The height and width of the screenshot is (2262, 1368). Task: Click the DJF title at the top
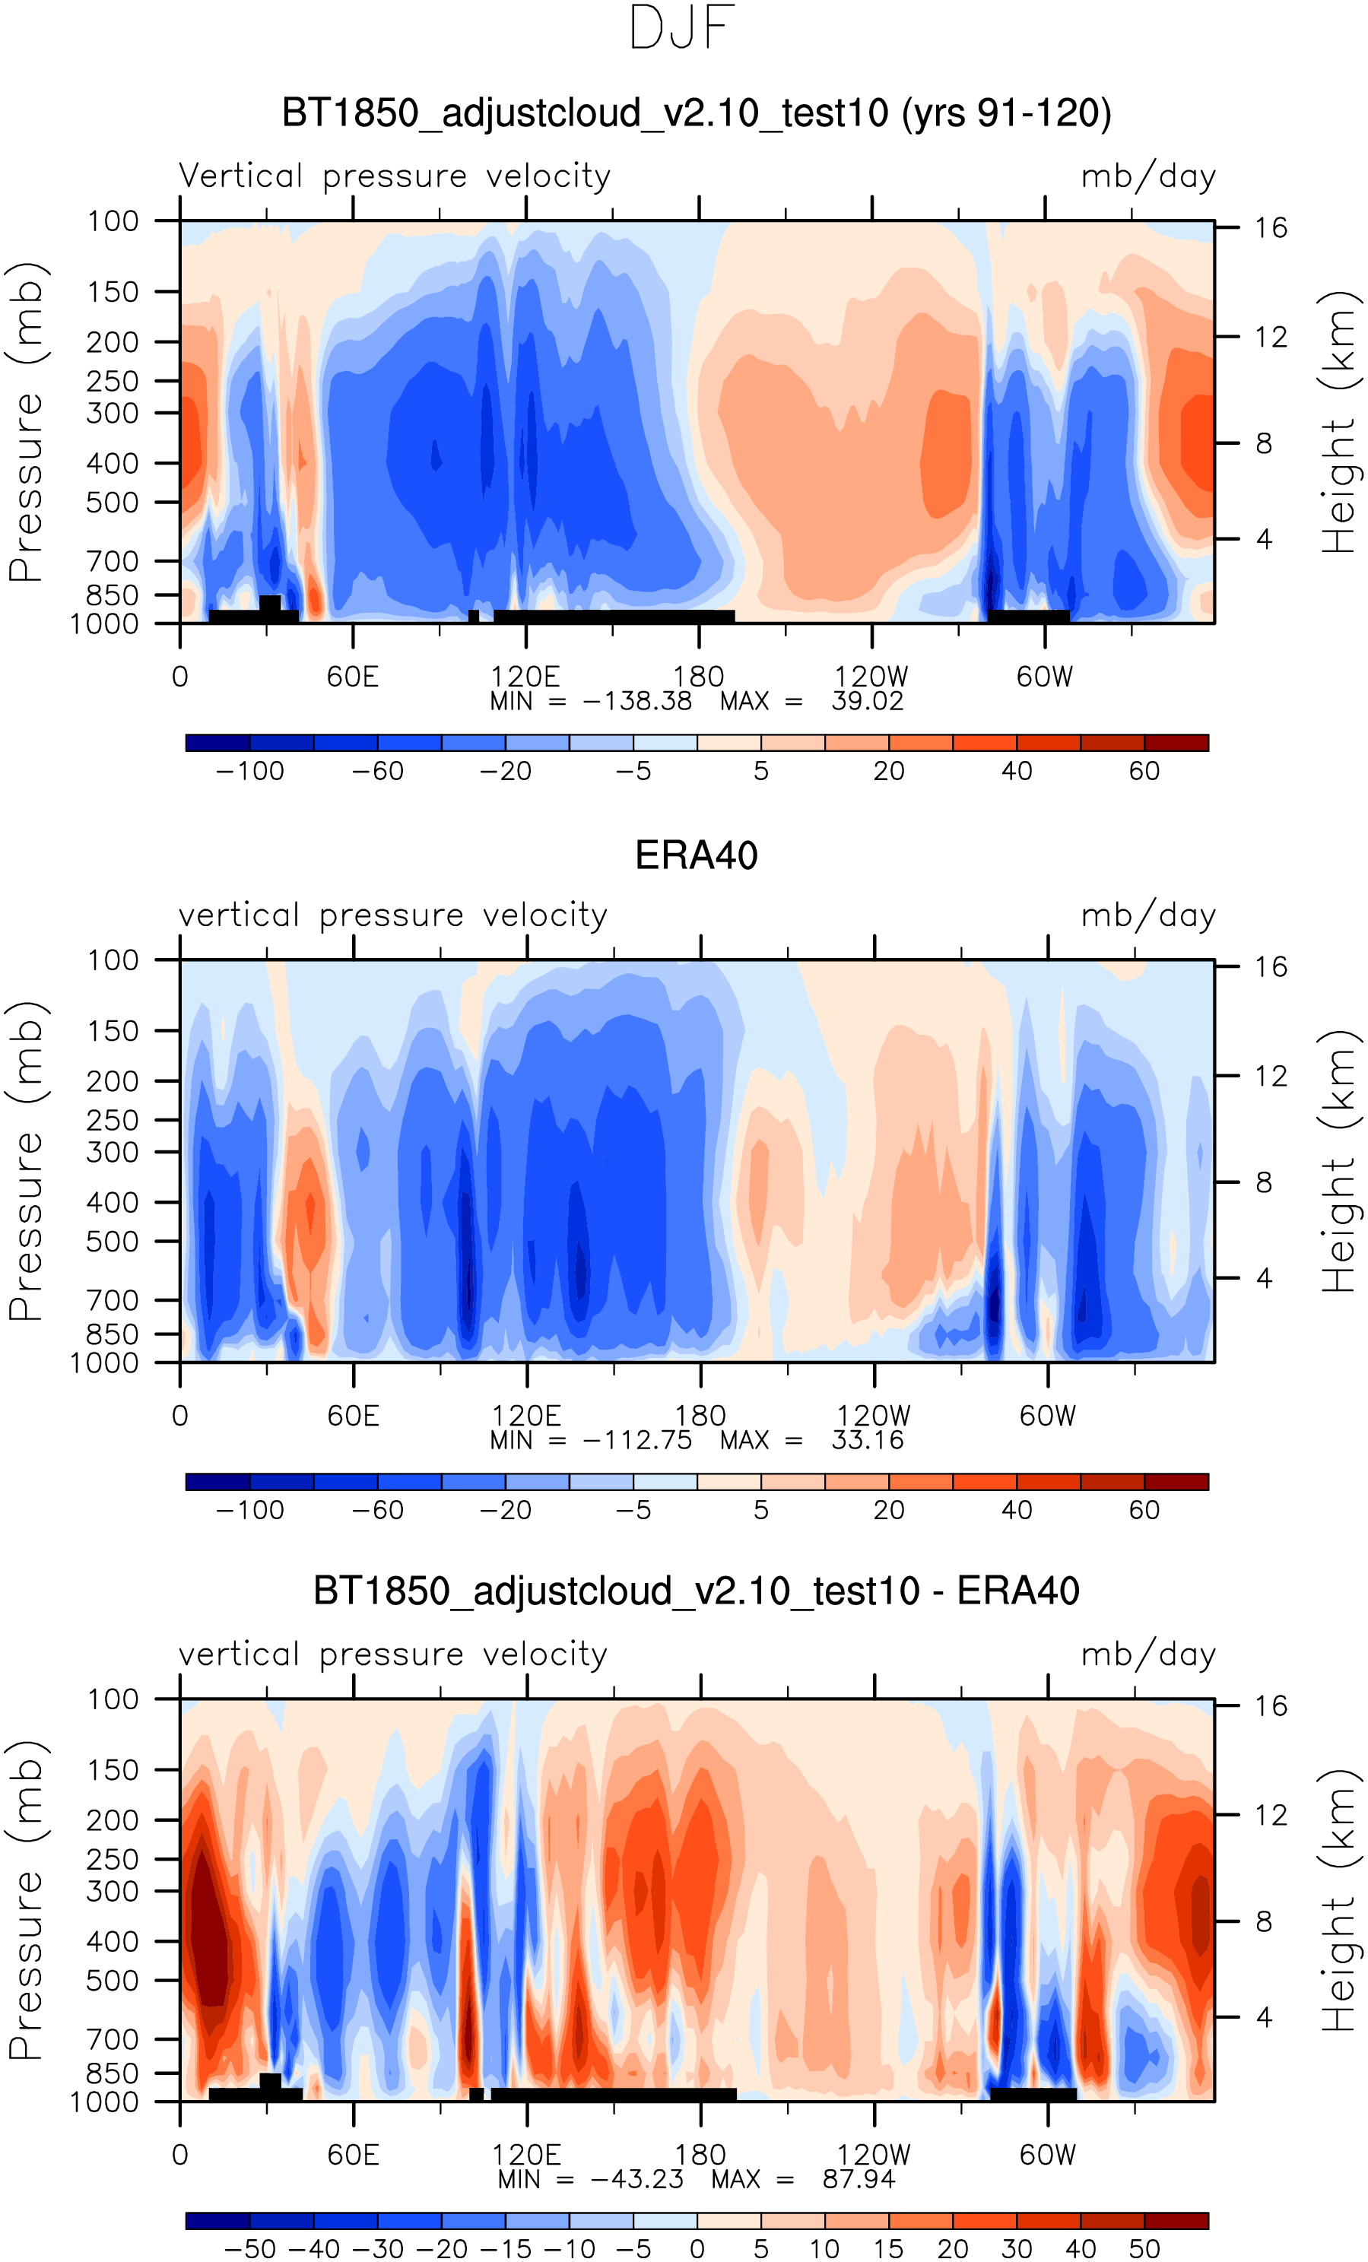681,27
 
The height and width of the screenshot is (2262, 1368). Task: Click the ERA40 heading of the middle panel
696,855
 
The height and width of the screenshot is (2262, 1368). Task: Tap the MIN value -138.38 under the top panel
637,701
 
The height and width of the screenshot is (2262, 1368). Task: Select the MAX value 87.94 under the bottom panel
859,2178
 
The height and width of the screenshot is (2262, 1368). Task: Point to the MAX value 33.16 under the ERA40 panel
868,1439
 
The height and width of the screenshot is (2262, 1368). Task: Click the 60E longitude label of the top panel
353,677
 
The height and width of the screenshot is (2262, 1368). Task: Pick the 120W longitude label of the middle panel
873,1416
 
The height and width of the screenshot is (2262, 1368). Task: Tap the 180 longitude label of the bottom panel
700,2155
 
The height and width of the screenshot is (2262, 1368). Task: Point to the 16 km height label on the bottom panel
1271,1705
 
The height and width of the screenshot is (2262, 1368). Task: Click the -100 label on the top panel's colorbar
249,771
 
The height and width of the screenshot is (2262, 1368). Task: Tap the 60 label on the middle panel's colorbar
1144,1510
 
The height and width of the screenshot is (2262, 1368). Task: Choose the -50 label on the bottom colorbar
249,2249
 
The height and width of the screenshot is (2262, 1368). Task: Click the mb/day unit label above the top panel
1147,176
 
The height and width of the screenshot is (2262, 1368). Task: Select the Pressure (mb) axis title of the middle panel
26,1160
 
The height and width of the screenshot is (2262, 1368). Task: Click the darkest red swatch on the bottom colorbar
1176,2221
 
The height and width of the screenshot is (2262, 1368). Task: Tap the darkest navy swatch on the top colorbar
217,743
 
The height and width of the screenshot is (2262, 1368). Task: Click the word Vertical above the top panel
240,176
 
